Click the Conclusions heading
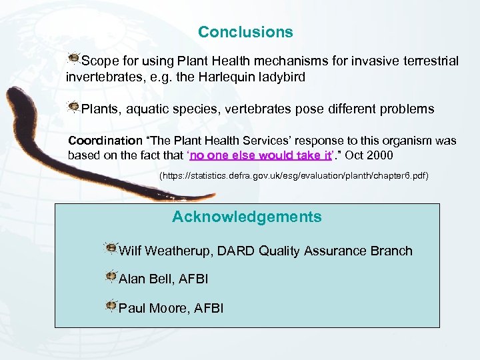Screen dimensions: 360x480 (x=245, y=32)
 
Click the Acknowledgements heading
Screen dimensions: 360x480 (x=247, y=217)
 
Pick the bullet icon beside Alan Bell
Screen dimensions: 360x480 (x=111, y=277)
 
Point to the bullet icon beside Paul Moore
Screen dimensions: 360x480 (x=111, y=306)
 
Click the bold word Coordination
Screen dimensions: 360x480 (x=105, y=141)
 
